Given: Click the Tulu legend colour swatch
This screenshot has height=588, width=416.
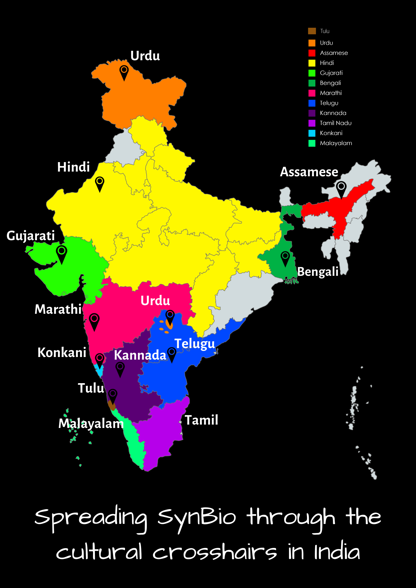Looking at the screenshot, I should [x=312, y=31].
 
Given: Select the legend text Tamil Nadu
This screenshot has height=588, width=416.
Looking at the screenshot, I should [x=336, y=123].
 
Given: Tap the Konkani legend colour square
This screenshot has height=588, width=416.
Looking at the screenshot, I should [x=312, y=133].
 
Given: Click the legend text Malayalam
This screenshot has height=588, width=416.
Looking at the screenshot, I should [x=336, y=143].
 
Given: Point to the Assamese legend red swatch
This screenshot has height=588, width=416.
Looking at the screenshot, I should [x=312, y=53].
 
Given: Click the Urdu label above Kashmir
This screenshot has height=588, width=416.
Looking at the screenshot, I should [x=145, y=56].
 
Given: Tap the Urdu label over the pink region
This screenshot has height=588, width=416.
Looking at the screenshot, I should [x=155, y=300].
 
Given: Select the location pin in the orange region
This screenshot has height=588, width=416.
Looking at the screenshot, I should [x=124, y=72].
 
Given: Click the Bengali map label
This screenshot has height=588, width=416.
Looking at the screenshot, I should [x=318, y=272].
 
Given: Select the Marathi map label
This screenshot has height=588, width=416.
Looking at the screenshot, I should [x=58, y=309].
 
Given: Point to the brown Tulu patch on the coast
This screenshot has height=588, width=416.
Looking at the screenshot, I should [x=112, y=406].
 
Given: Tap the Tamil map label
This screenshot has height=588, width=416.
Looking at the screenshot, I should [x=201, y=420].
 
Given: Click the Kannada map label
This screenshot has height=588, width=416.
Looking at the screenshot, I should [x=140, y=355].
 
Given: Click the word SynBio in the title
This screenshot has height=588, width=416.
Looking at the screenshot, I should [x=197, y=517].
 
